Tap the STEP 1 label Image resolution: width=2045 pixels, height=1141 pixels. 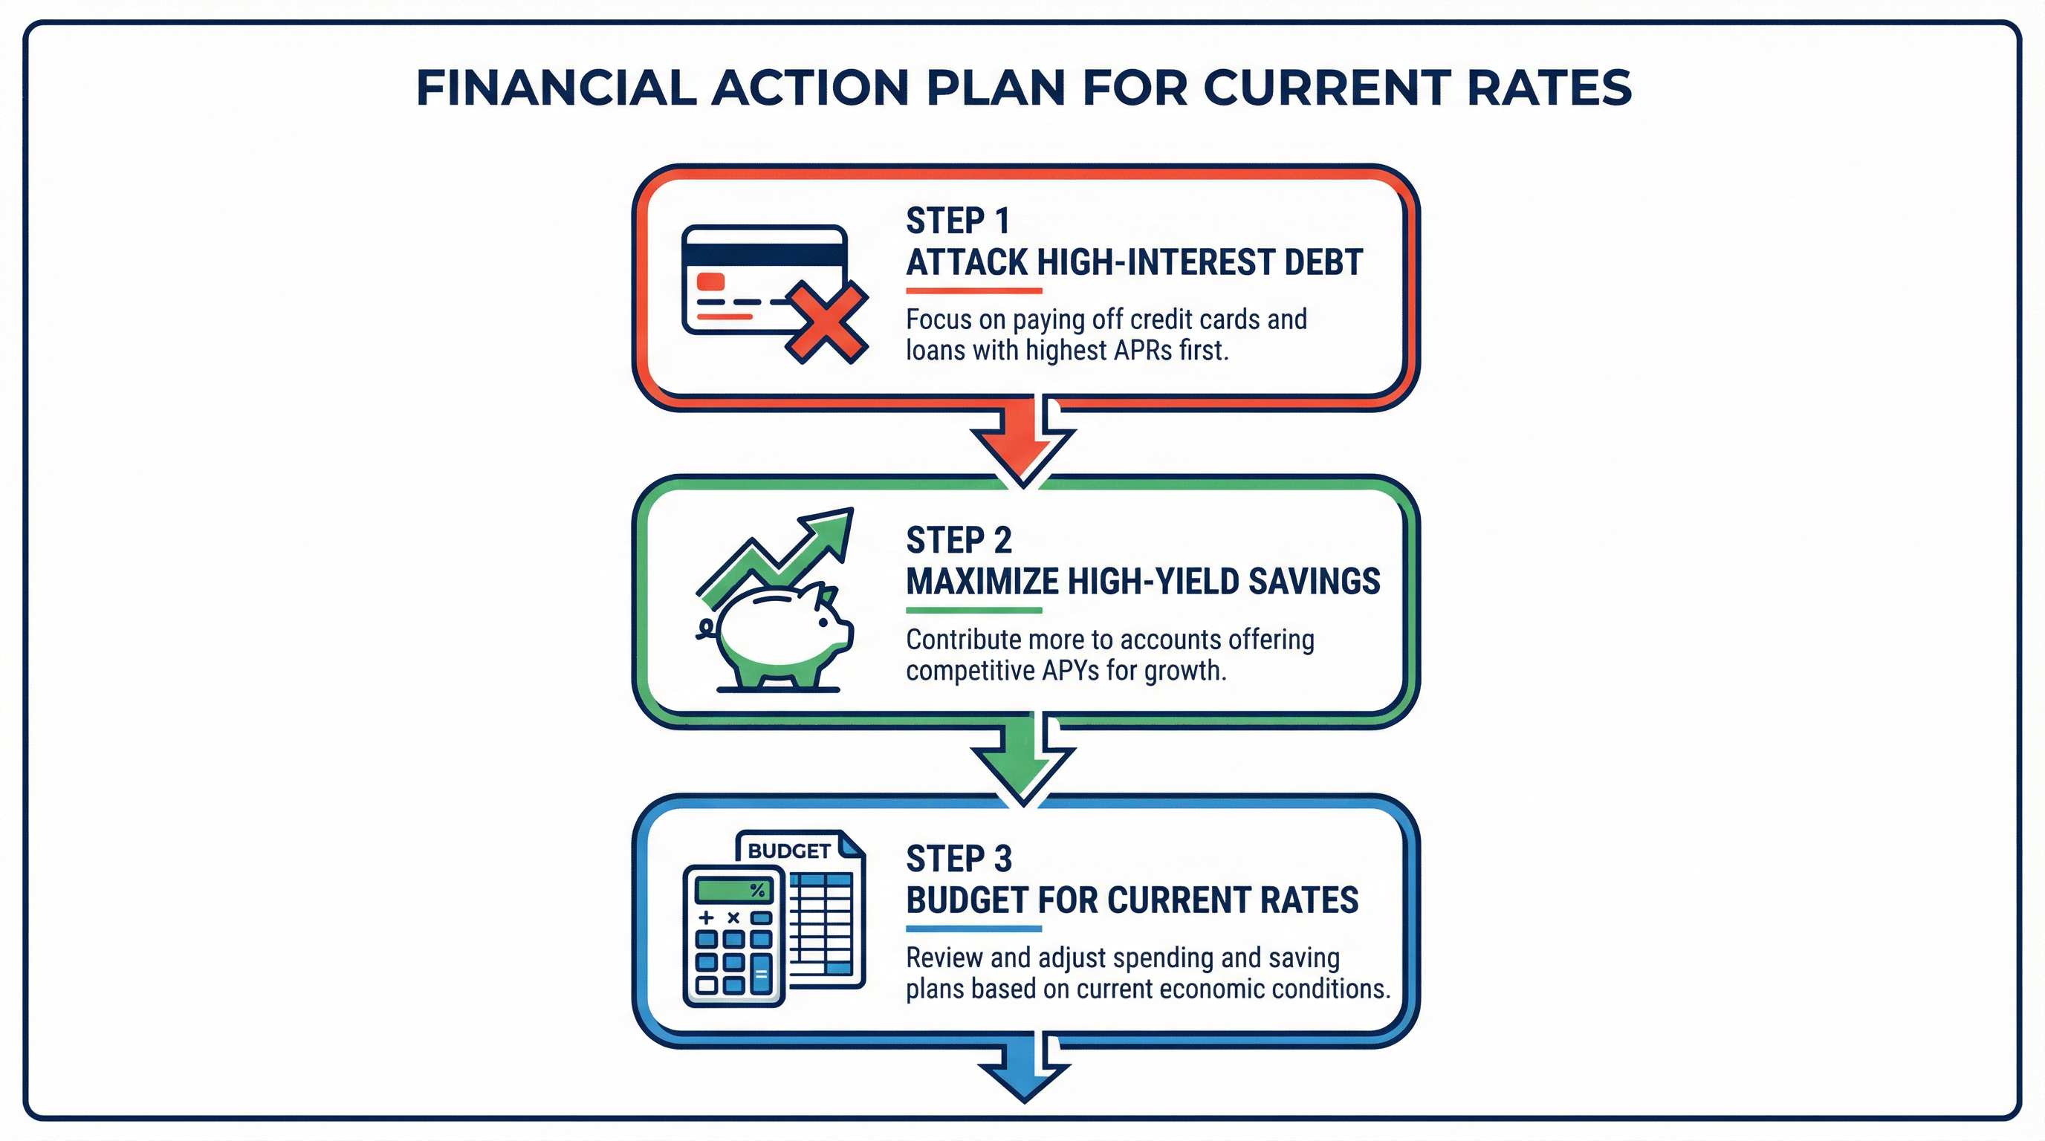(x=957, y=221)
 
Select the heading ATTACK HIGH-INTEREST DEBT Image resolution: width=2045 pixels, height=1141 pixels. (x=1135, y=261)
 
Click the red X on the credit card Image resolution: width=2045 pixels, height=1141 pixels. (x=826, y=323)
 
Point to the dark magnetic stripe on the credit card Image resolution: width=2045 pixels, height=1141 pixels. (x=765, y=255)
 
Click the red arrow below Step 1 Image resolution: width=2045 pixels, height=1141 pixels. (x=1023, y=443)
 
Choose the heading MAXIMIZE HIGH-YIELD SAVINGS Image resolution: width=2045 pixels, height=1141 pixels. (x=1143, y=582)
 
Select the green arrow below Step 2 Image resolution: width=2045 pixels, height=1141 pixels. (x=1023, y=760)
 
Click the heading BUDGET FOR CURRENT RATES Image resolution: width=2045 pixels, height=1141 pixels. (x=1132, y=900)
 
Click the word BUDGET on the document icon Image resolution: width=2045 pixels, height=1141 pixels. (x=789, y=851)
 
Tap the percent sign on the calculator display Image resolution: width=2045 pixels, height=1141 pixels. (x=758, y=890)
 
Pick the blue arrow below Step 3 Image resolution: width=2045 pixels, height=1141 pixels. (x=1023, y=1067)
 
